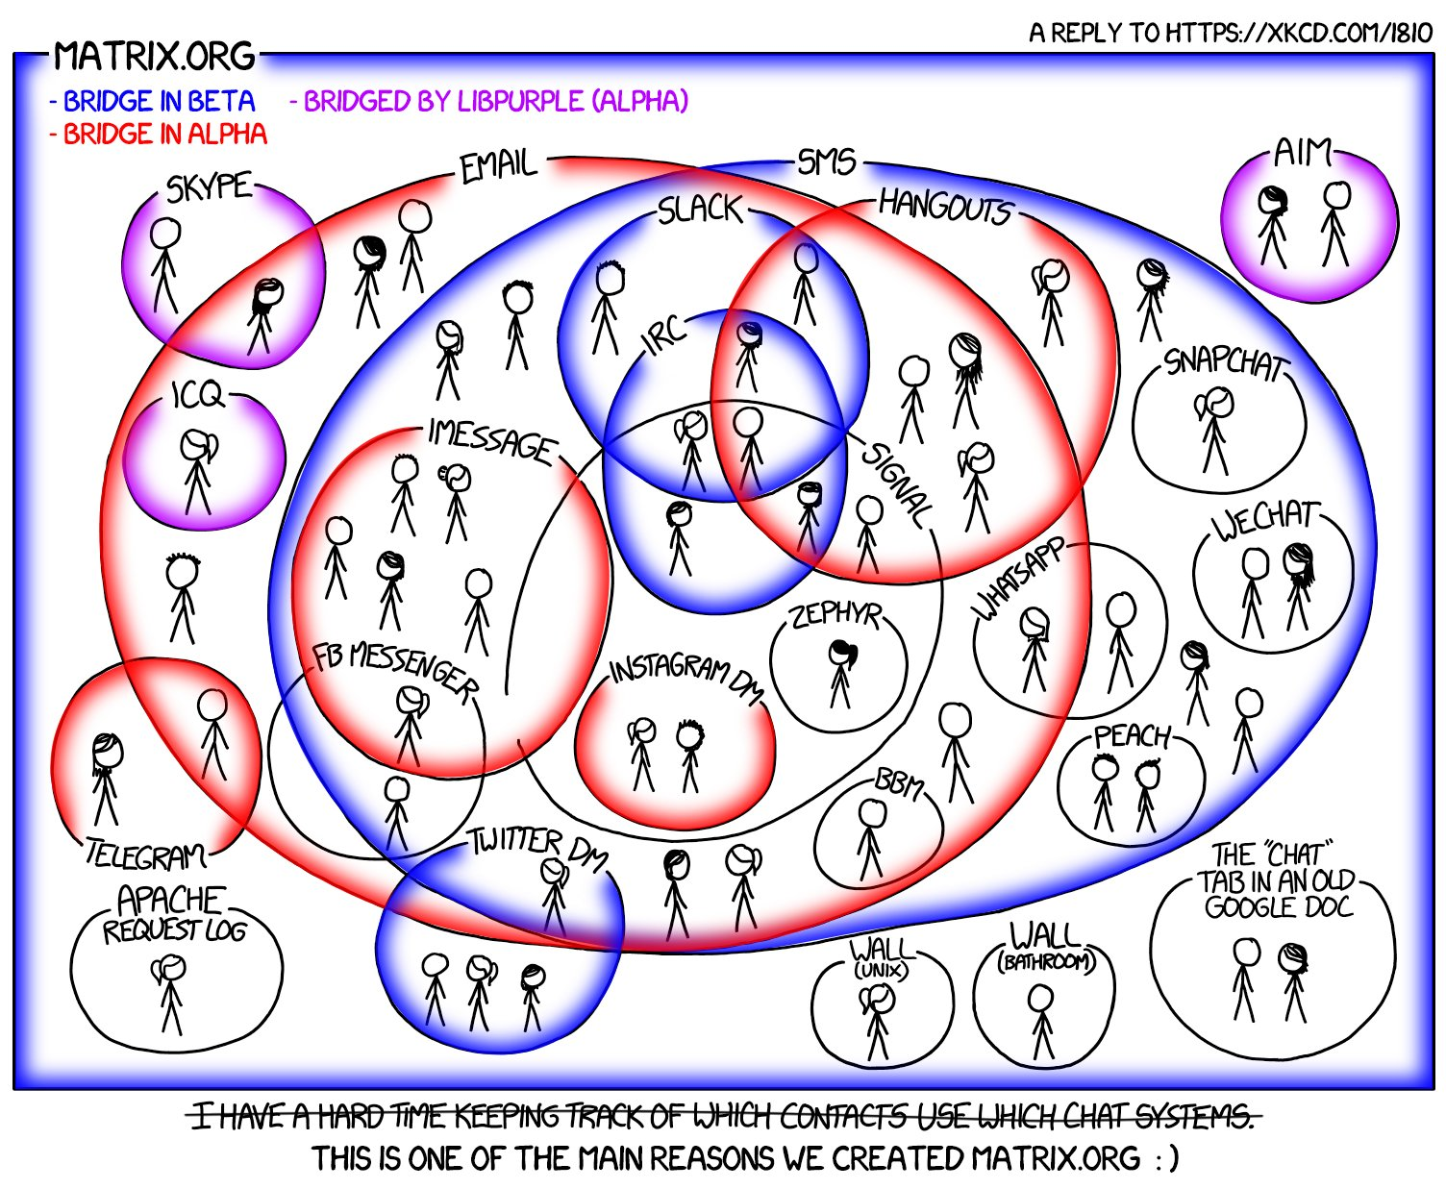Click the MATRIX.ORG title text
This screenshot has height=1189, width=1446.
pos(154,56)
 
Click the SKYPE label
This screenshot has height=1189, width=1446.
pos(209,186)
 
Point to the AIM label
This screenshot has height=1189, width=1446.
pos(1302,152)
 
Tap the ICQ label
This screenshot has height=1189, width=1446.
pos(197,395)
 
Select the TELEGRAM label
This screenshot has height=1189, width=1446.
pos(145,855)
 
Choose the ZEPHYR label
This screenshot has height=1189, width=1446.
pos(835,616)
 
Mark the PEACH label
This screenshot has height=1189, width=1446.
pos(1132,736)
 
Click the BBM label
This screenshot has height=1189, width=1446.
pos(899,784)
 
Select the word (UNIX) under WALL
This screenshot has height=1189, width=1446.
pos(881,971)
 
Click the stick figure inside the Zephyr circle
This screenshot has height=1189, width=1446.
pos(841,675)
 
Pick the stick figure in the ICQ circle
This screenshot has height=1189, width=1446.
pos(198,472)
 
